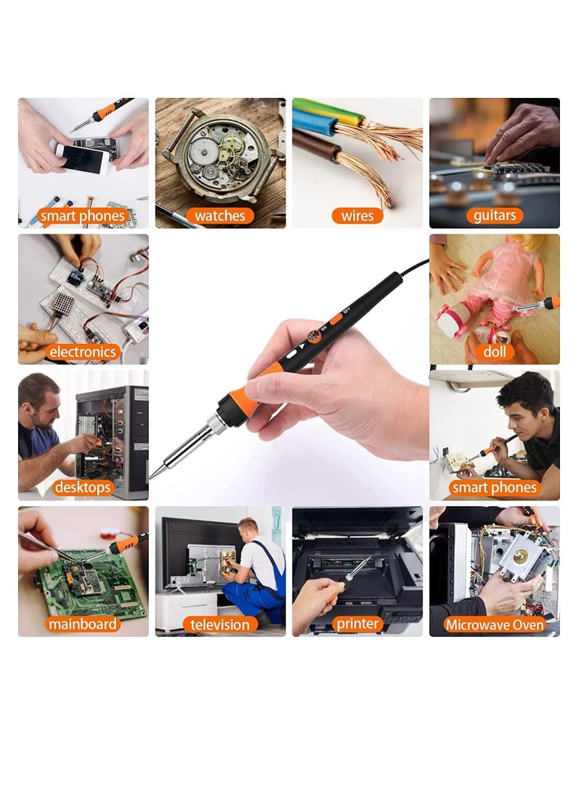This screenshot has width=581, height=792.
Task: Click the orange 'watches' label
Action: (x=219, y=216)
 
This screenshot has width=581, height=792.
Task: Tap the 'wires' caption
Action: (x=357, y=216)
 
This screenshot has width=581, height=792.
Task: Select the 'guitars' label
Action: (x=494, y=216)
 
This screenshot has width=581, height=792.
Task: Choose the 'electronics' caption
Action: (x=82, y=352)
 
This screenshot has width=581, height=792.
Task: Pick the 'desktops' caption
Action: (x=82, y=488)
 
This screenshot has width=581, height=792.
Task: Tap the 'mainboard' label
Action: (x=82, y=624)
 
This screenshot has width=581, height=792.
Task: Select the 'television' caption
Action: (x=219, y=624)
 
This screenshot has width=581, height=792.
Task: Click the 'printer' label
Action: (x=357, y=624)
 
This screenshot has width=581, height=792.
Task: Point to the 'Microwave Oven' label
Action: (x=495, y=624)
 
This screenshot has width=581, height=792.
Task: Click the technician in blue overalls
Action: (x=259, y=573)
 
